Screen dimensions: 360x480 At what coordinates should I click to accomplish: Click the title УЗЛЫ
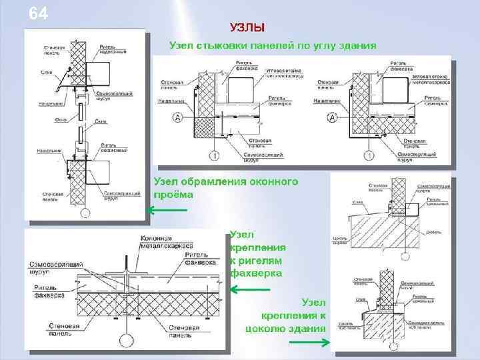247,27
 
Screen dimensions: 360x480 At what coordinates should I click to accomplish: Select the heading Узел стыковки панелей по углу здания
273,46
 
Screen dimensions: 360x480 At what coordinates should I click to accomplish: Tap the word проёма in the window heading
173,195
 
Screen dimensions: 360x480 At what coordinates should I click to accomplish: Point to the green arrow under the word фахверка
250,289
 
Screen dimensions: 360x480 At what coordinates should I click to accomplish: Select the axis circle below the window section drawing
84,213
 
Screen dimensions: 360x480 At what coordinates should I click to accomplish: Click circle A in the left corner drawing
178,117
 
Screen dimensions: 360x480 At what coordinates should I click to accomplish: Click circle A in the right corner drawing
331,117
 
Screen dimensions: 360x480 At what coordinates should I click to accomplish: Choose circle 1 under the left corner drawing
214,155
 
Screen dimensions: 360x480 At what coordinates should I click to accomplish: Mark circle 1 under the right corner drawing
368,155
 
